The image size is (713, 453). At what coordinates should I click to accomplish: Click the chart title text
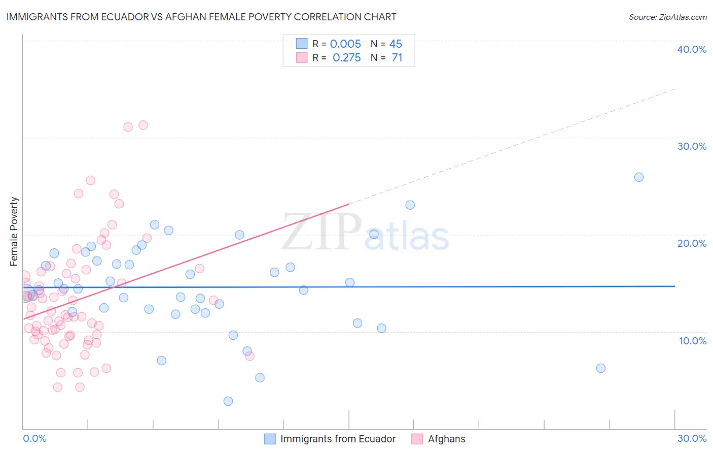click(x=201, y=17)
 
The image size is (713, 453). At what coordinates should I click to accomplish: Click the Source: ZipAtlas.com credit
click(x=667, y=17)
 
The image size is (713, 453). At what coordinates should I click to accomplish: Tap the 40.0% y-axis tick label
click(x=692, y=49)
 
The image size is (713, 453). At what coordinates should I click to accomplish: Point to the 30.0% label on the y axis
click(x=692, y=146)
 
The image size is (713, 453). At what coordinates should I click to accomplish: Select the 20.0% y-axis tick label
click(x=692, y=243)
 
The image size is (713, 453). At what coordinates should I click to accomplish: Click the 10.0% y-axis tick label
click(x=693, y=341)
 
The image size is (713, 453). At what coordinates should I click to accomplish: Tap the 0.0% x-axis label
click(x=34, y=438)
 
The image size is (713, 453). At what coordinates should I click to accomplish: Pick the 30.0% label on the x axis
click(x=692, y=438)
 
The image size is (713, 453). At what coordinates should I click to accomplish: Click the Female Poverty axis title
click(x=14, y=232)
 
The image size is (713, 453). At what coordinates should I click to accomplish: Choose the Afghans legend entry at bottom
click(x=446, y=439)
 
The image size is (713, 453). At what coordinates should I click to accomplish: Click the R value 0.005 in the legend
click(x=345, y=44)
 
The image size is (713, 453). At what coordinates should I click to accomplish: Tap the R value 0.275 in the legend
click(x=346, y=58)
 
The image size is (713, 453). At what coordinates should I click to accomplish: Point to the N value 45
click(x=396, y=44)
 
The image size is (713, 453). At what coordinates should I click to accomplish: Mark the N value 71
click(x=397, y=58)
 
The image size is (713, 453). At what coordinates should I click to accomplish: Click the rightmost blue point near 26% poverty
click(x=639, y=177)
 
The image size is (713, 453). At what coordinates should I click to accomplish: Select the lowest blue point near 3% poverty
click(x=228, y=401)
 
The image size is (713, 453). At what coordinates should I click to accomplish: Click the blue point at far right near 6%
click(x=601, y=368)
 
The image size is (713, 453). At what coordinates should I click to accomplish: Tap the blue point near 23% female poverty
click(x=410, y=205)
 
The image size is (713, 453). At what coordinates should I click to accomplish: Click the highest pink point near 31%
click(x=143, y=125)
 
